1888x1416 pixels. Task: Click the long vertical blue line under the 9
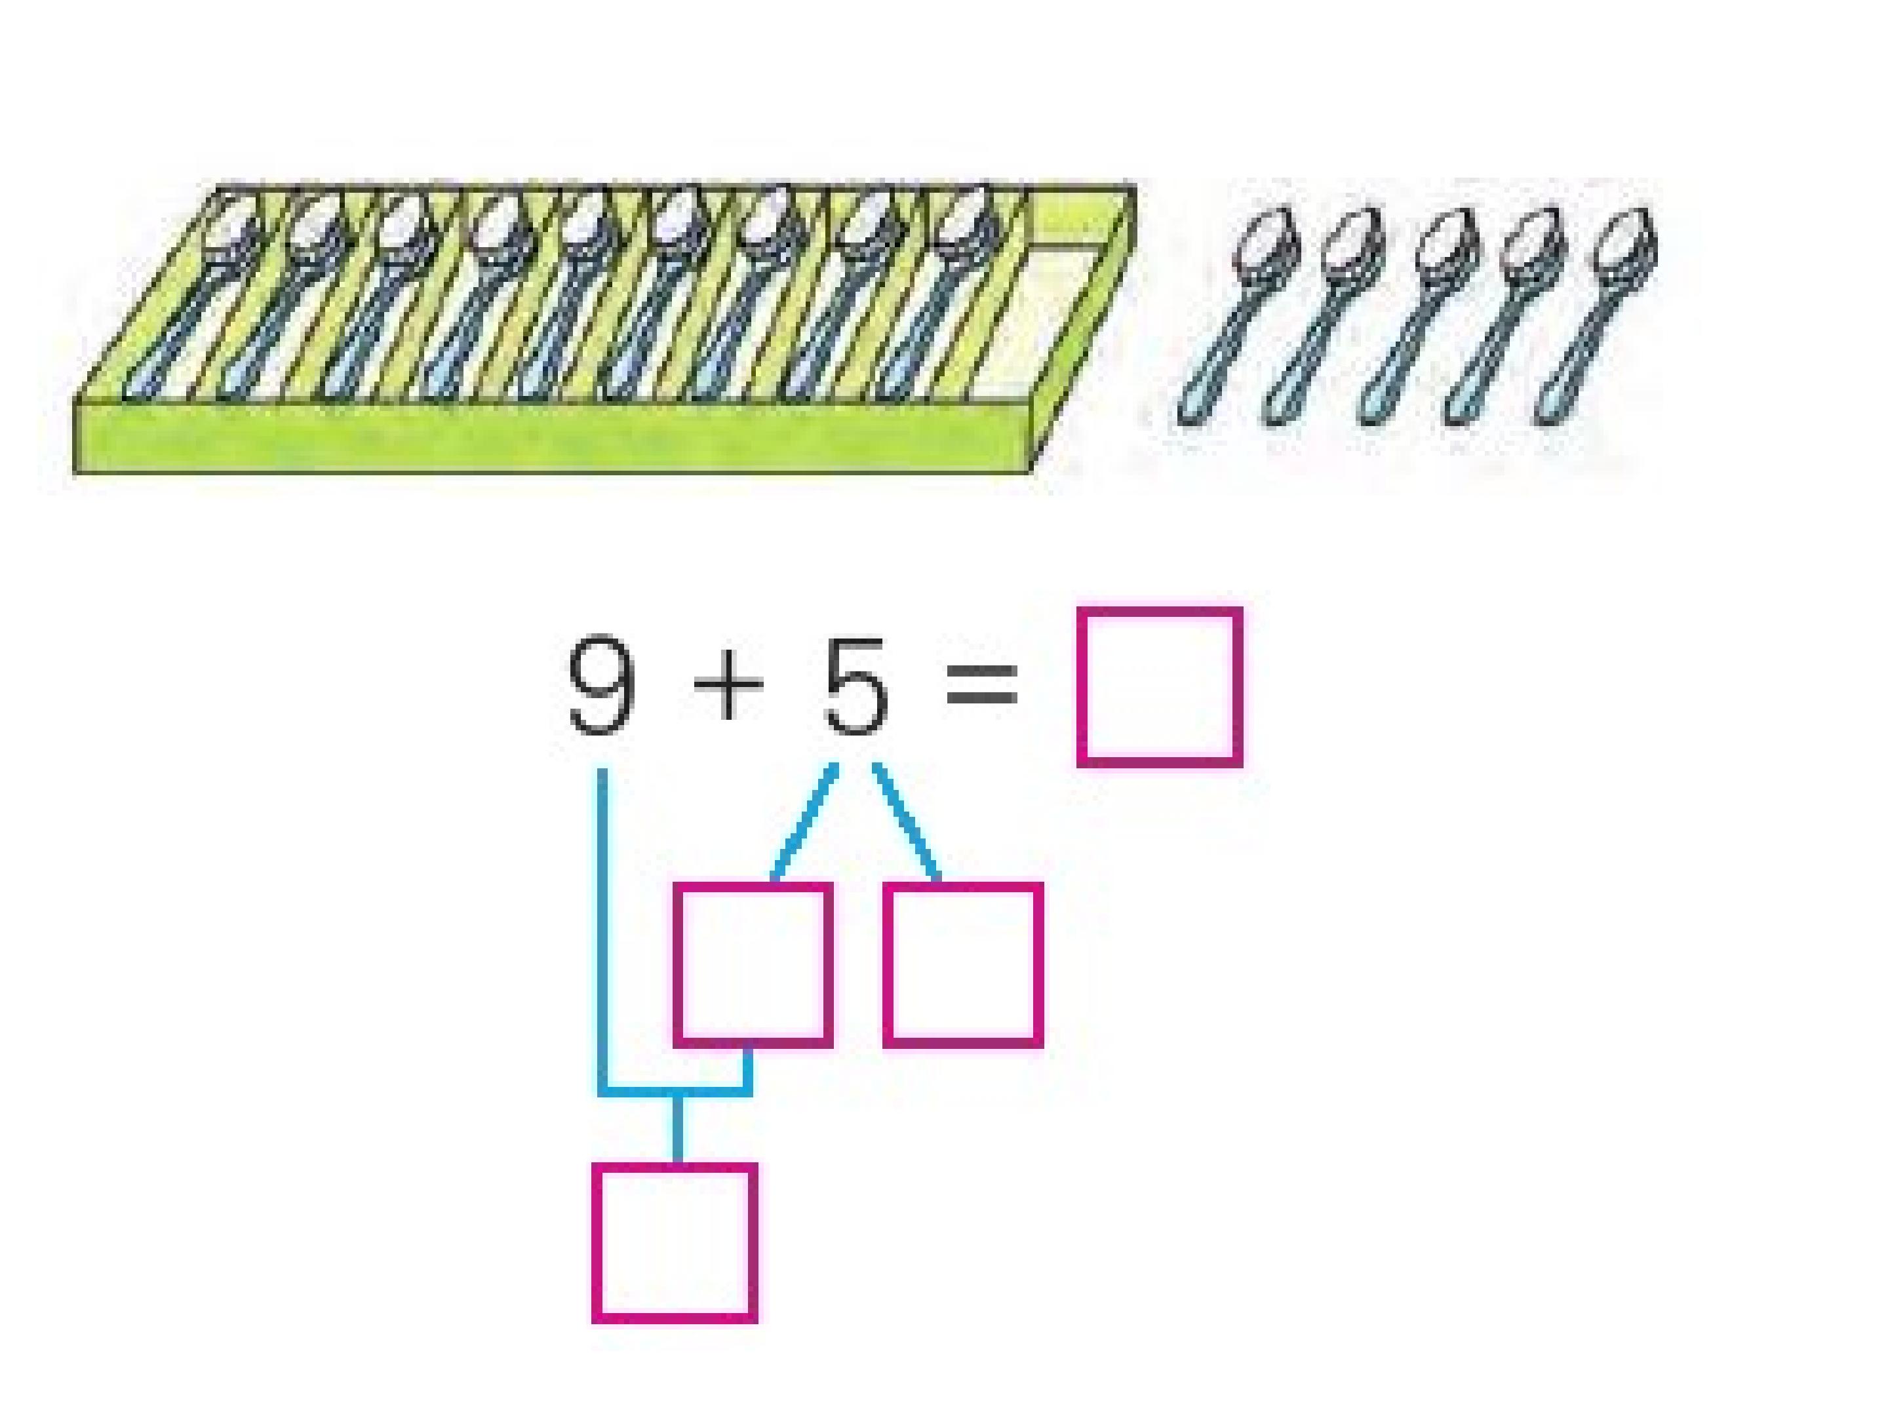pyautogui.click(x=602, y=930)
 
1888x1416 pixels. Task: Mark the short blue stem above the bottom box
pyautogui.click(x=678, y=1128)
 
